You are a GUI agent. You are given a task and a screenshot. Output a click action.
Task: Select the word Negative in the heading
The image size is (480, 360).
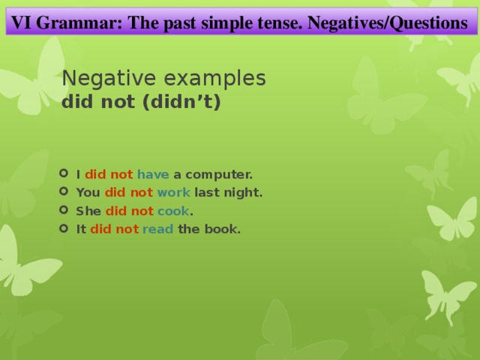[104, 78]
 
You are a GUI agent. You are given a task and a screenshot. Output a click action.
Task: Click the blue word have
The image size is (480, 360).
[153, 174]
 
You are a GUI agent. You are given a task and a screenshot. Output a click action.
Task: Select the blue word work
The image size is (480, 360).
[174, 192]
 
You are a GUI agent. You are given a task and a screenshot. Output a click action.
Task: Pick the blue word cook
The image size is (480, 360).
[173, 211]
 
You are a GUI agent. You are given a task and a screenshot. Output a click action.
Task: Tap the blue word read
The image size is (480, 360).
[158, 229]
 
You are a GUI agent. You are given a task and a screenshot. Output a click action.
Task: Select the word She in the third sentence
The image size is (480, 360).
[88, 211]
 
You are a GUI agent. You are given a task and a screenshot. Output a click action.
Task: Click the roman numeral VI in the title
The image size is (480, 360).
[20, 22]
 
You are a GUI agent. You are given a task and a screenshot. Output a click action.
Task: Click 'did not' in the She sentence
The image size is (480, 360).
[129, 211]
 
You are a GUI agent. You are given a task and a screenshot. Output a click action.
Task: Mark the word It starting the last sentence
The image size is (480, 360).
[81, 229]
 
